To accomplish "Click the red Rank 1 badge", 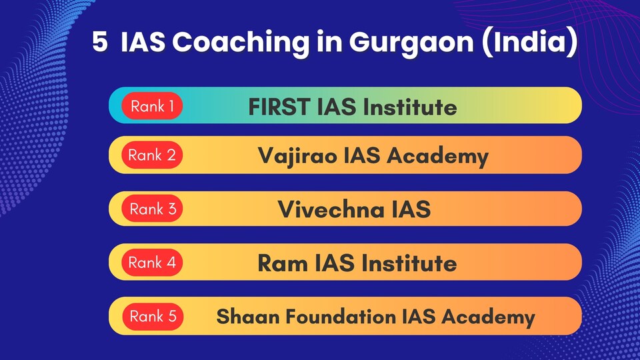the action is click(x=152, y=106).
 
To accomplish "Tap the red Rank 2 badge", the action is click(x=152, y=155).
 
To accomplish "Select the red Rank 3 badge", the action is click(x=152, y=209).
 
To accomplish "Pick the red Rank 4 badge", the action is click(x=152, y=262).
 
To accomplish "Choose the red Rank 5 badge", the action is click(x=153, y=316).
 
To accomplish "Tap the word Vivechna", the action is click(x=331, y=209).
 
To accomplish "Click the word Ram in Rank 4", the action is click(x=283, y=263).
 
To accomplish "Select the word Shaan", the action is click(x=248, y=317).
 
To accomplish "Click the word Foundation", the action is click(x=341, y=317).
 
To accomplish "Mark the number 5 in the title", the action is click(x=100, y=42).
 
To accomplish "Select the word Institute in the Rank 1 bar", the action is click(x=410, y=107).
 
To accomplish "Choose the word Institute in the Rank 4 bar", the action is click(x=409, y=263).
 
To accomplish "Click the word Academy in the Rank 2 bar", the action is click(x=437, y=156).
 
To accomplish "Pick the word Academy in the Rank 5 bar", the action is click(x=488, y=317).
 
